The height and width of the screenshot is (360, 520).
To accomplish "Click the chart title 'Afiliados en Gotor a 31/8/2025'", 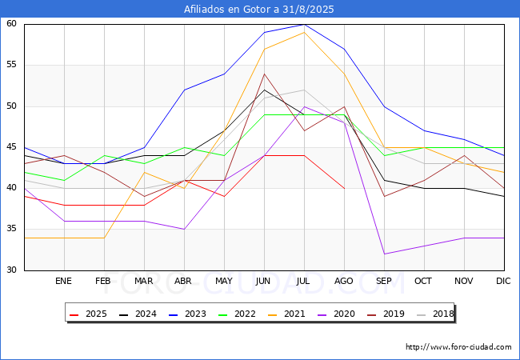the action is point(259,10).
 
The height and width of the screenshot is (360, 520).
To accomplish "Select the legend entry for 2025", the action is point(88,314).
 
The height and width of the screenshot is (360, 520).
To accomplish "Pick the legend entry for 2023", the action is point(187,314).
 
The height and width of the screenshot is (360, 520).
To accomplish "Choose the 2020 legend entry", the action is point(336,314).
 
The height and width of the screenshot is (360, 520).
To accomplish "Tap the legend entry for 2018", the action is point(435,314).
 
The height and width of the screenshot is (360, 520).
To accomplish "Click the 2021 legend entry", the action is point(286,314).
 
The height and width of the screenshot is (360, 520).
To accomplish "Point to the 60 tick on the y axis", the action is point(11,23).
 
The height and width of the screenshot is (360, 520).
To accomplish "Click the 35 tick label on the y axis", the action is point(11,229).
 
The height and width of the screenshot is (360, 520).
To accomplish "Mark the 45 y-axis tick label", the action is point(11,147).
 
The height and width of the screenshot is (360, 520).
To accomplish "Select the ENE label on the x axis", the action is point(63,281).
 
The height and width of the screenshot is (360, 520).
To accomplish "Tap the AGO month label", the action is point(343,281).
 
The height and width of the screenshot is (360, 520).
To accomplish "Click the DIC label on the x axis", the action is point(503,281).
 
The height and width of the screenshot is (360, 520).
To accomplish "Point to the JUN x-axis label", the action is point(263,281).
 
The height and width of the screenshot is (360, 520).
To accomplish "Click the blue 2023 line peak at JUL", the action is point(305,24).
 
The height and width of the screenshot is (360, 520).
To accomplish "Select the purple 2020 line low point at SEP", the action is point(384,254).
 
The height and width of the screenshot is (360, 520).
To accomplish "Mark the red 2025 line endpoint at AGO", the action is point(345,188).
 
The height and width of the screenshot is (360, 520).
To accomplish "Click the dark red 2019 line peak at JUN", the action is point(264,74).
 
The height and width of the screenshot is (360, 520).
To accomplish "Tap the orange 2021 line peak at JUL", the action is point(305,32).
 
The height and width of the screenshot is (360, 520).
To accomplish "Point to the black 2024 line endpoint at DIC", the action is point(505,196).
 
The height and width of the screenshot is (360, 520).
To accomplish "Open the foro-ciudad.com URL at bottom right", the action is point(458,347).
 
